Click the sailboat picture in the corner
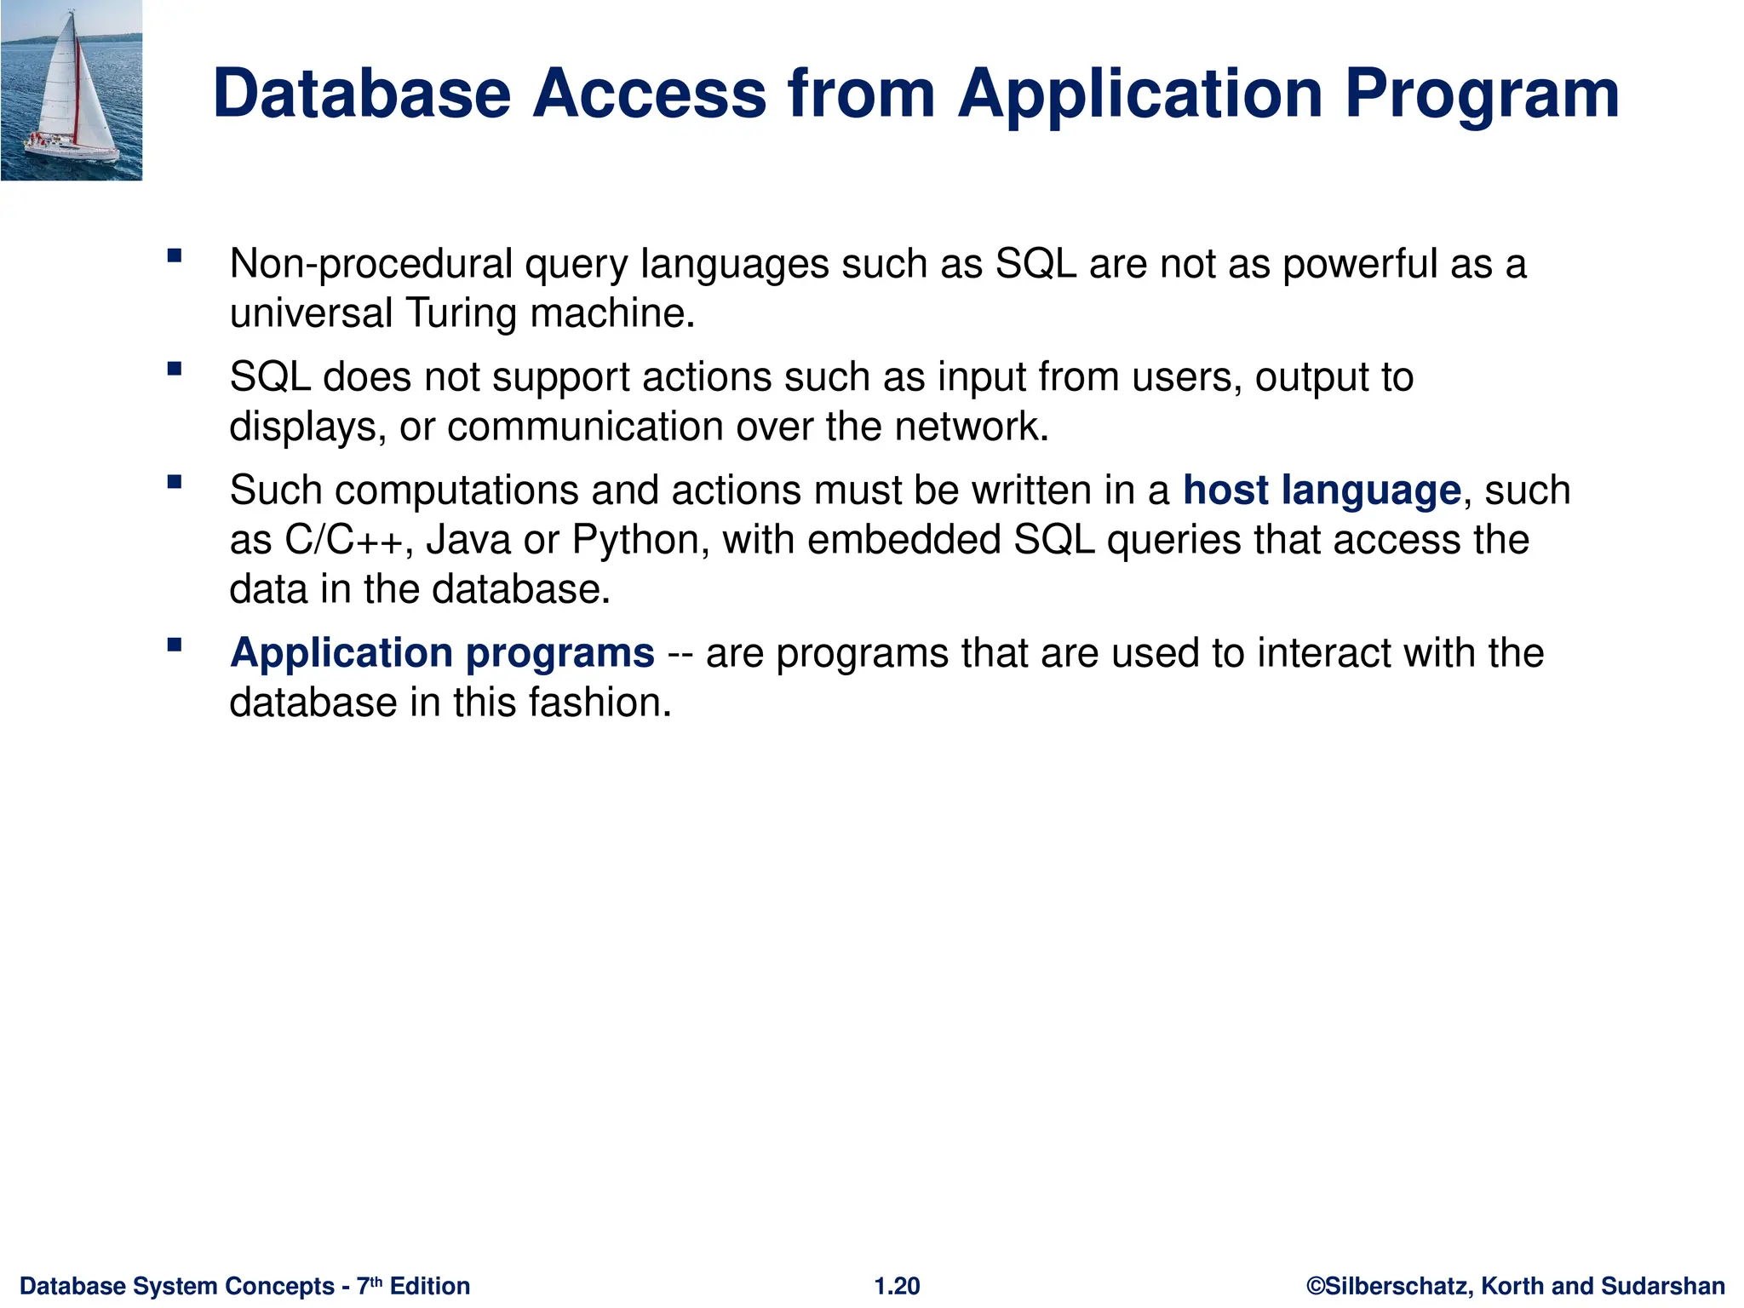pyautogui.click(x=72, y=90)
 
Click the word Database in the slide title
pyautogui.click(x=361, y=94)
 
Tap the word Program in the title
pyautogui.click(x=1482, y=94)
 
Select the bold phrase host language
pyautogui.click(x=1322, y=490)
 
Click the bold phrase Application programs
pyautogui.click(x=442, y=653)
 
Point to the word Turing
pyautogui.click(x=461, y=313)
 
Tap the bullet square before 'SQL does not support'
pyautogui.click(x=175, y=369)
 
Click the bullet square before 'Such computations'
pyautogui.click(x=175, y=482)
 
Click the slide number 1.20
pyautogui.click(x=897, y=1286)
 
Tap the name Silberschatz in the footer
pyautogui.click(x=1397, y=1286)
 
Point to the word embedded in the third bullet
pyautogui.click(x=904, y=540)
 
